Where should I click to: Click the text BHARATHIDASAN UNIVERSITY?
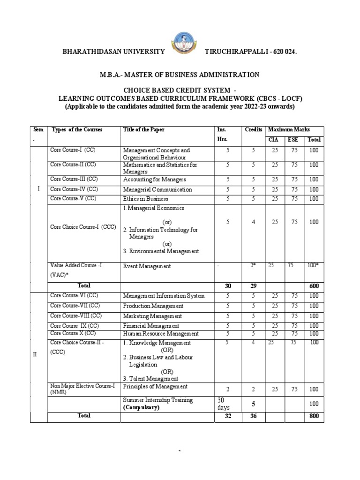click(x=114, y=52)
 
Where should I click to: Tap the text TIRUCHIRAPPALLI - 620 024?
click(x=251, y=52)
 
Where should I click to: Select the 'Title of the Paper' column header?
click(x=144, y=129)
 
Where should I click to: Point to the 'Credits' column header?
click(x=253, y=129)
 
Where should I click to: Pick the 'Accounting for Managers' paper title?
click(x=154, y=180)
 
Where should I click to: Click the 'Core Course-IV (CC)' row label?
click(x=74, y=189)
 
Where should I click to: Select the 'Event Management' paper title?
click(x=147, y=266)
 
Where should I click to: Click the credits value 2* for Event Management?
click(x=253, y=266)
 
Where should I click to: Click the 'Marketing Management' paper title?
click(x=152, y=316)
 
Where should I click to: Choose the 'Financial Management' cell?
click(x=151, y=326)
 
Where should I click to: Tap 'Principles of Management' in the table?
click(x=155, y=387)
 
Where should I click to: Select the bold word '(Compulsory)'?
click(x=141, y=408)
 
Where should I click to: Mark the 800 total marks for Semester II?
click(x=314, y=416)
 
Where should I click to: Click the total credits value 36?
click(x=253, y=416)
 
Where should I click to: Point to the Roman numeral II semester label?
click(x=35, y=354)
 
